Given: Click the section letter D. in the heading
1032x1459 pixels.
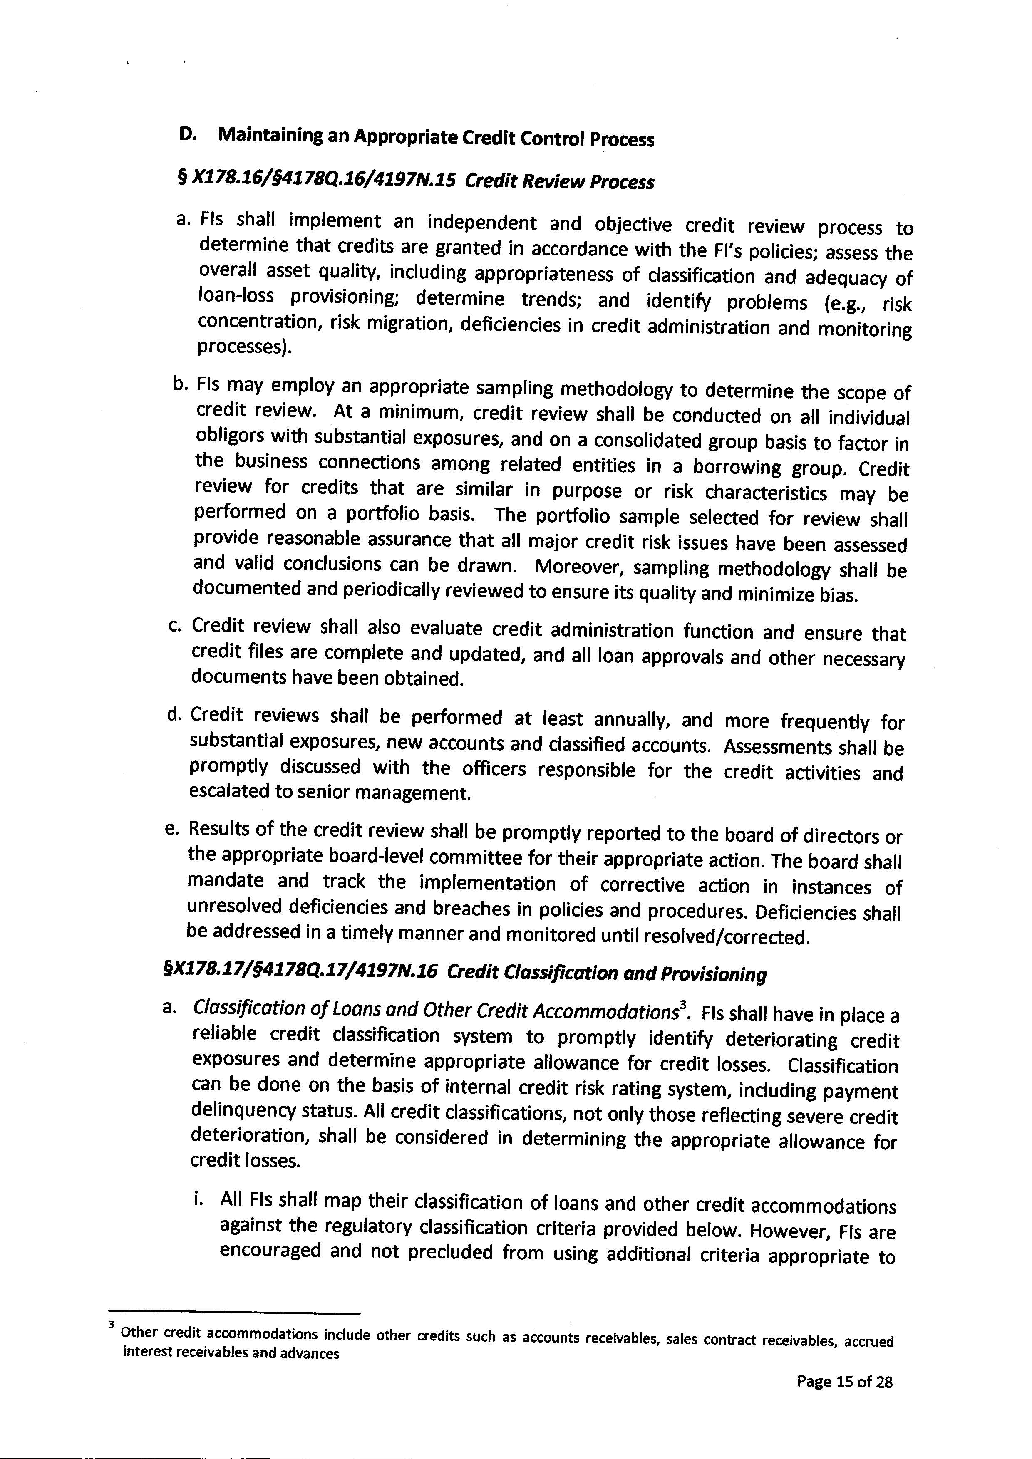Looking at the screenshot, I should click(x=188, y=135).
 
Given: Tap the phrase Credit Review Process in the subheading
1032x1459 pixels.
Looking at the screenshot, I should click(x=559, y=182).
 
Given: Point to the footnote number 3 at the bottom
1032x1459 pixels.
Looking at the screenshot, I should click(x=112, y=1324).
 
